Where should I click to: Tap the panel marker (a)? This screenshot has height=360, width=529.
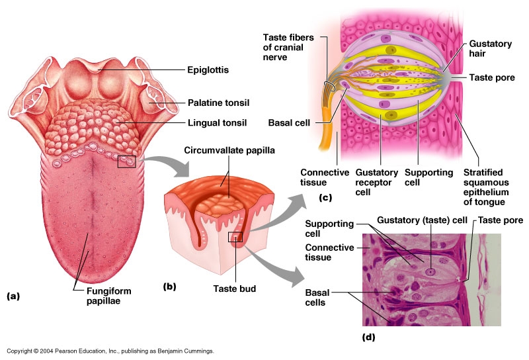13,296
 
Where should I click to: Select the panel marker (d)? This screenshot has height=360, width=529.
369,337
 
